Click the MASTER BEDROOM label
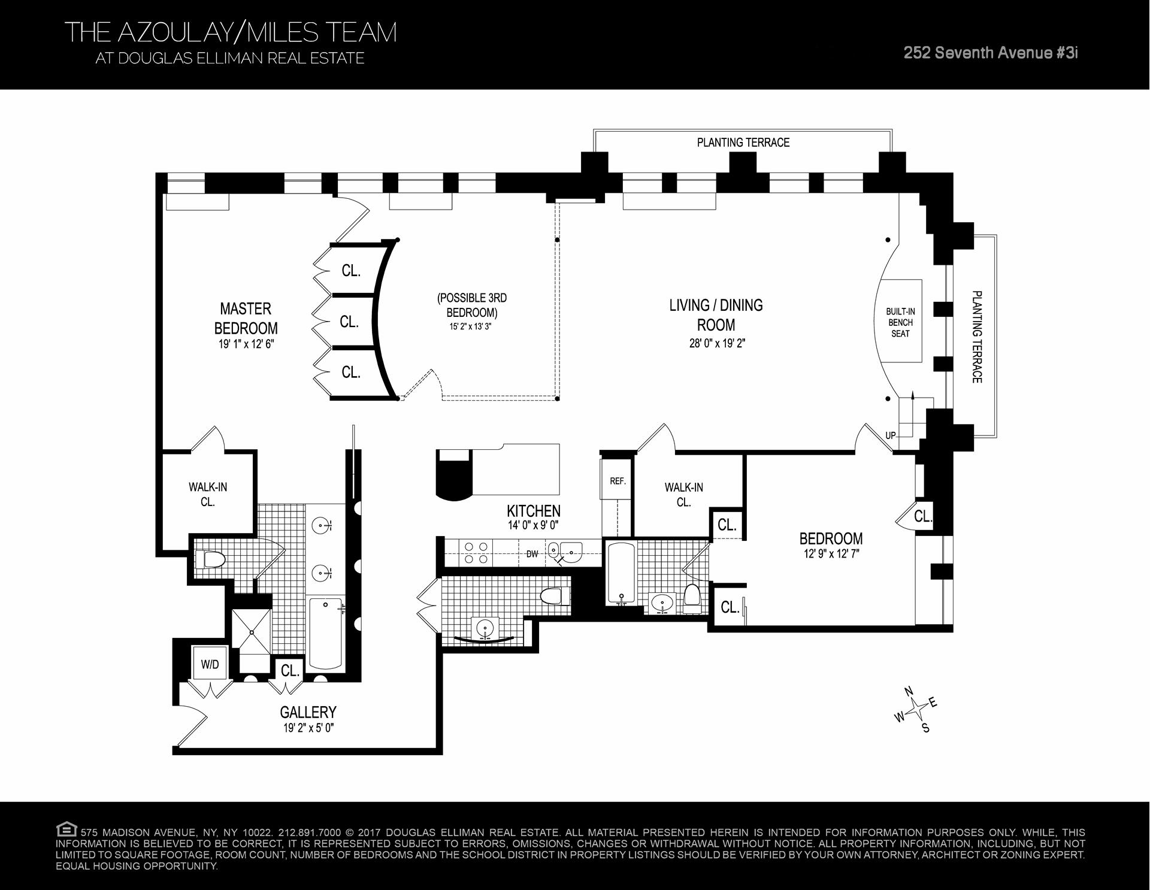pyautogui.click(x=246, y=318)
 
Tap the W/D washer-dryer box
pyautogui.click(x=210, y=664)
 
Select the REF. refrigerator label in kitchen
pyautogui.click(x=618, y=481)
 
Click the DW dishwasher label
pyautogui.click(x=532, y=554)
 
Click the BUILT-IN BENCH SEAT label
pyautogui.click(x=900, y=322)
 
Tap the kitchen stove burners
pyautogui.click(x=476, y=552)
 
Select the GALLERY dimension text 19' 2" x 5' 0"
pyautogui.click(x=308, y=728)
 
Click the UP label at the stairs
pyautogui.click(x=891, y=435)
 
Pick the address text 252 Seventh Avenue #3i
pyautogui.click(x=991, y=53)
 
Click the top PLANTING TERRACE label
pyautogui.click(x=743, y=143)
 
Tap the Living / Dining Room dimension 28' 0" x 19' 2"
pyautogui.click(x=716, y=344)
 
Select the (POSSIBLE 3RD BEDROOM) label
pyautogui.click(x=472, y=305)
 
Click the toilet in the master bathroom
pyautogui.click(x=210, y=560)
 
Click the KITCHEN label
pyautogui.click(x=533, y=511)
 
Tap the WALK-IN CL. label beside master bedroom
pyautogui.click(x=208, y=494)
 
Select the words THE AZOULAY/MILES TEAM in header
pyautogui.click(x=230, y=32)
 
